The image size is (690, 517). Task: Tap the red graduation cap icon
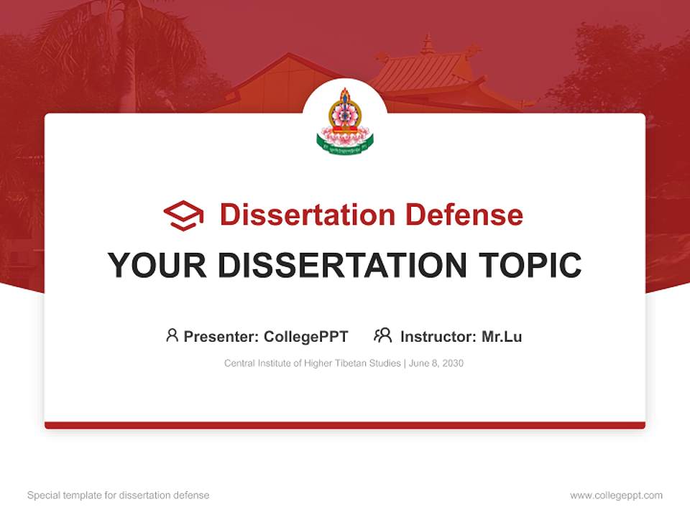tap(183, 215)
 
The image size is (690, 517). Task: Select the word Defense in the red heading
tap(464, 215)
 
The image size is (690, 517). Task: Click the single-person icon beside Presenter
tap(172, 335)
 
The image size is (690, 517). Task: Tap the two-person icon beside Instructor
tap(382, 335)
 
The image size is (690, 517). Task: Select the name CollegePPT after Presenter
tap(306, 336)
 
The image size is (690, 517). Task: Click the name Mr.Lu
tap(502, 336)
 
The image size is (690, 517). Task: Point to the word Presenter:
tap(221, 336)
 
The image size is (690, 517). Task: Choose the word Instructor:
tap(438, 336)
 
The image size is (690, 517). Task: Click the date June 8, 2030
tap(436, 363)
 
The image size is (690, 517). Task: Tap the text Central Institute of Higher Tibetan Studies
tap(313, 363)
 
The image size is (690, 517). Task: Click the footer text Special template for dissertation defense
tap(119, 495)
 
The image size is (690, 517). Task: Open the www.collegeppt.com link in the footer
tap(616, 495)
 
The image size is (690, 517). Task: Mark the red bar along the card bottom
tap(345, 425)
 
